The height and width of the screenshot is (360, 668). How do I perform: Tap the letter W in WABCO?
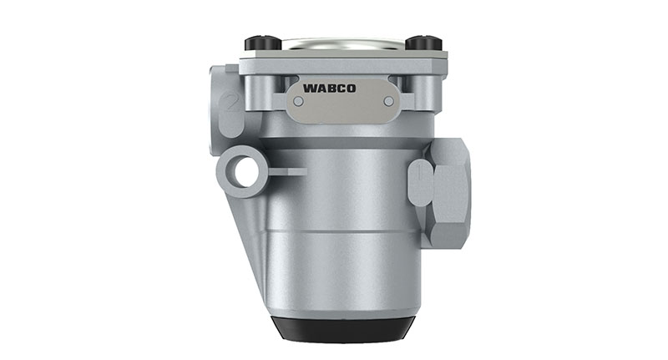tap(309, 86)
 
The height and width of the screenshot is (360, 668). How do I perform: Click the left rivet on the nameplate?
tap(299, 101)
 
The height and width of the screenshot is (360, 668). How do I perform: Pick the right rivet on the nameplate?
tap(387, 101)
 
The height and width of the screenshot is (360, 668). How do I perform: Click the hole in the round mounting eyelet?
tap(244, 172)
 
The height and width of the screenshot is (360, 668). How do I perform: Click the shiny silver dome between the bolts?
tap(341, 44)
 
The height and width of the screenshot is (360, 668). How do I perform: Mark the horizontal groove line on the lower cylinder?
tap(342, 231)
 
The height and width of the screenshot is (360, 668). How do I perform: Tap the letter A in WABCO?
tap(321, 86)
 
